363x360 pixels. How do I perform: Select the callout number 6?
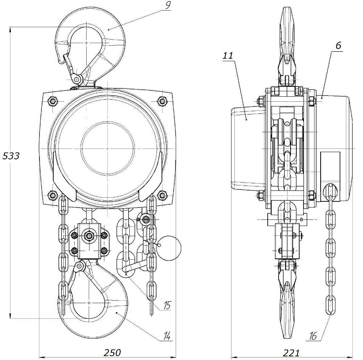click(x=338, y=45)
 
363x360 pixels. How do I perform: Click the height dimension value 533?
click(x=11, y=156)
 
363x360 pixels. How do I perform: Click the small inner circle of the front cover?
click(x=108, y=148)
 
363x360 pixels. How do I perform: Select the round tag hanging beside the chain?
click(x=169, y=248)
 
